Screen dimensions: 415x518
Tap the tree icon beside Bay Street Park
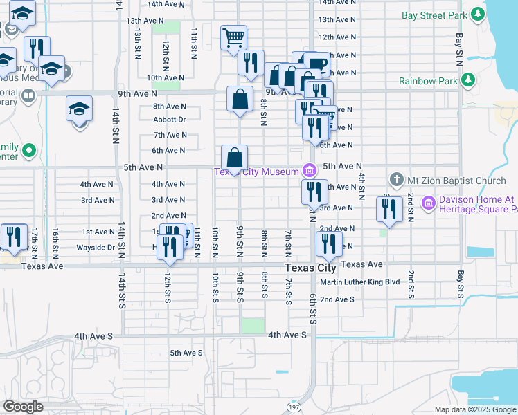[476, 14]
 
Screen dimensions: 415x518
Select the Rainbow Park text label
[428, 81]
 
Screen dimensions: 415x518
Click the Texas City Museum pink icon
[309, 169]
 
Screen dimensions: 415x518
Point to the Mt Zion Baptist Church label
[456, 181]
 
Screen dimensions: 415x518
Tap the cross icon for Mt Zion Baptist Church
[397, 180]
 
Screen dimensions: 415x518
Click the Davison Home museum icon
[428, 203]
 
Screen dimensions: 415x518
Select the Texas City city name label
[311, 268]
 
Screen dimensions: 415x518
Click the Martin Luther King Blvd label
[360, 282]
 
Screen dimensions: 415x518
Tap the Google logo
[24, 407]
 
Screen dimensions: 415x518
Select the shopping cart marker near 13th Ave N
[234, 37]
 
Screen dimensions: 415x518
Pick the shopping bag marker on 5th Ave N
[234, 158]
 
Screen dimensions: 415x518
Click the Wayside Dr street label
[96, 247]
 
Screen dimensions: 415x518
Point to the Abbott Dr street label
[170, 120]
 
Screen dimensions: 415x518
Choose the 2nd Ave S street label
[337, 299]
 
